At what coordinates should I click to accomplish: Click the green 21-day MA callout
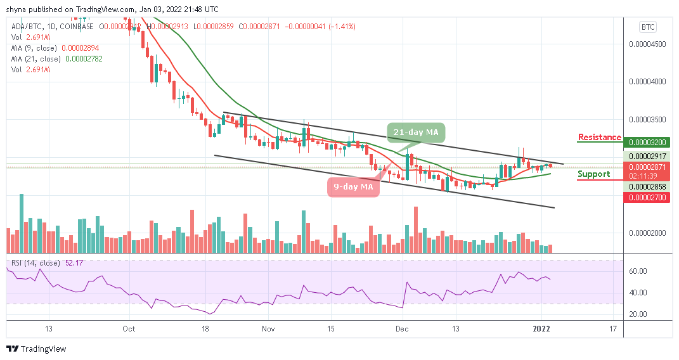[x=416, y=132]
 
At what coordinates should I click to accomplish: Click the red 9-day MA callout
[x=353, y=187]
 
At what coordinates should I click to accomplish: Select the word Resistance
[x=600, y=138]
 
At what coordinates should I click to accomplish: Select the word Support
[x=594, y=174]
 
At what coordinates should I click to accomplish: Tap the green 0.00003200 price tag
[x=647, y=143]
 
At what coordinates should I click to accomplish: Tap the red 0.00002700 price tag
[x=647, y=198]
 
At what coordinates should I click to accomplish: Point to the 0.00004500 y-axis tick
[x=647, y=44]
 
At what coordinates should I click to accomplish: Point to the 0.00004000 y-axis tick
[x=647, y=82]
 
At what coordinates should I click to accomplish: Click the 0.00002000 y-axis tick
[x=647, y=233]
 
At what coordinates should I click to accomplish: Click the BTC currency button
[x=648, y=27]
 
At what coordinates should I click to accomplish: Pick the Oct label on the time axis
[x=129, y=330]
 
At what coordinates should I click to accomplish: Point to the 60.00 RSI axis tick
[x=637, y=271]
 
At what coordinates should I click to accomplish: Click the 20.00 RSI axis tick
[x=637, y=314]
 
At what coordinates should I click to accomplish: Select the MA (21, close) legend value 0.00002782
[x=84, y=58]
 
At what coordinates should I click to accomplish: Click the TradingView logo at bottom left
[x=36, y=349]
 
